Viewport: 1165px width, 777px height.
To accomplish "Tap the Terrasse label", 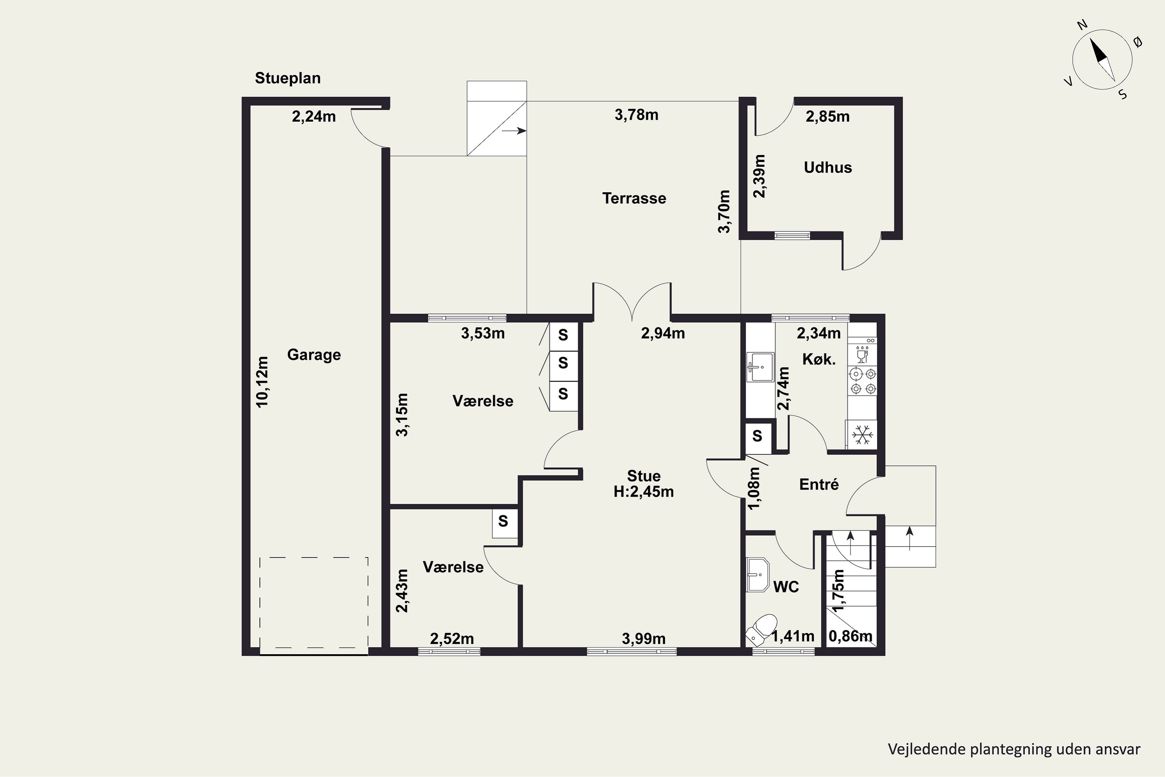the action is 634,198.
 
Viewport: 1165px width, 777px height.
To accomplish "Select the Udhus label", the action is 828,167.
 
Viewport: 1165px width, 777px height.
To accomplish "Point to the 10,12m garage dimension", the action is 262,382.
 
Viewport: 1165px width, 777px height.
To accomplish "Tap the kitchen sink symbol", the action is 760,367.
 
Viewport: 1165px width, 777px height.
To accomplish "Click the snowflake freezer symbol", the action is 862,435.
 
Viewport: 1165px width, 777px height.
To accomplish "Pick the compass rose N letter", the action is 1082,38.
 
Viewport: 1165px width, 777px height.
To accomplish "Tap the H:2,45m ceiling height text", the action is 643,491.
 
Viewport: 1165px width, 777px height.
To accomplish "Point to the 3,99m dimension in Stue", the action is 643,639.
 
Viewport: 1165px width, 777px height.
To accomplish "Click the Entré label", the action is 819,484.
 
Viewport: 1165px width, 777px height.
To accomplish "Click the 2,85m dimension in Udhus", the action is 827,117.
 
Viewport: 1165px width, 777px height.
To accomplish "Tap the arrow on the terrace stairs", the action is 514,131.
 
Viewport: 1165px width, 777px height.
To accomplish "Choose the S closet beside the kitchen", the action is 757,436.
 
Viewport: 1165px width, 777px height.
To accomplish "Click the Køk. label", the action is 819,359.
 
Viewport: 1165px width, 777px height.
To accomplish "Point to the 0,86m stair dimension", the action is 850,636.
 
